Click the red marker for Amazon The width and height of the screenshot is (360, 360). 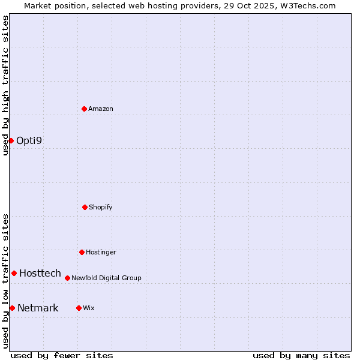pyautogui.click(x=84, y=109)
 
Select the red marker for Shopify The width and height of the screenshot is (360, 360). pyautogui.click(x=85, y=207)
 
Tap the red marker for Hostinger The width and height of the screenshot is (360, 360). pyautogui.click(x=82, y=252)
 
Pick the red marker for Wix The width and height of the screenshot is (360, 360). pyautogui.click(x=79, y=308)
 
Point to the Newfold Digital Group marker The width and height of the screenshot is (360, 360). pyautogui.click(x=67, y=278)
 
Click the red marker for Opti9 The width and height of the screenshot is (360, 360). pyautogui.click(x=11, y=140)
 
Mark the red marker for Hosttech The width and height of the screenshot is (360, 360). pyautogui.click(x=14, y=273)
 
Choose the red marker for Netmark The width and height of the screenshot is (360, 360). pyautogui.click(x=12, y=308)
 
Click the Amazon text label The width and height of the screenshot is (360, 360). pyautogui.click(x=101, y=109)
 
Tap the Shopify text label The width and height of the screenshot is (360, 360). pyautogui.click(x=101, y=207)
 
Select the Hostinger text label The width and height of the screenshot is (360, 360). pyautogui.click(x=101, y=252)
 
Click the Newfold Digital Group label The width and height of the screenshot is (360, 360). pyautogui.click(x=106, y=278)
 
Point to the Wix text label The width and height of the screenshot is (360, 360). pyautogui.click(x=89, y=308)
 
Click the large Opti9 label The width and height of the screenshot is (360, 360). pyautogui.click(x=29, y=140)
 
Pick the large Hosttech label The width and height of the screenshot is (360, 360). pyautogui.click(x=40, y=273)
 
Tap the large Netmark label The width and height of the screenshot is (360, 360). pyautogui.click(x=38, y=308)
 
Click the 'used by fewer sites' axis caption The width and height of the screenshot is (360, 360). pyautogui.click(x=62, y=355)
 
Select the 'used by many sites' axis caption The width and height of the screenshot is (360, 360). pyautogui.click(x=301, y=355)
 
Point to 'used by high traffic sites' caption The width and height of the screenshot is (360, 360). pyautogui.click(x=5, y=85)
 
